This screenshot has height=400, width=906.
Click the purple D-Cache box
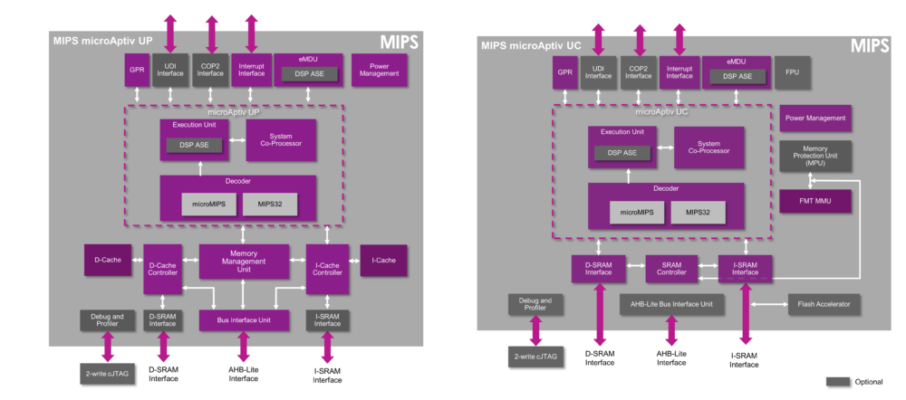pos(108,260)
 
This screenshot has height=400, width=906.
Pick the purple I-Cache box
pos(383,260)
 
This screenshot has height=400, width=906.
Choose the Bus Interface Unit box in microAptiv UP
pos(243,319)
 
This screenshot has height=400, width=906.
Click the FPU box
pos(792,72)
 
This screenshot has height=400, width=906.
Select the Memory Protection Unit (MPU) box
pos(815,156)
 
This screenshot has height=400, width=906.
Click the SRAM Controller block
pos(672,268)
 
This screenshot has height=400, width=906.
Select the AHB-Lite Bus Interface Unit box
pos(671,304)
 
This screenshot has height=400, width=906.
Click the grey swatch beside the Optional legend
pos(838,381)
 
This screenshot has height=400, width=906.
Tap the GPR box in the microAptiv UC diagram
pos(564,72)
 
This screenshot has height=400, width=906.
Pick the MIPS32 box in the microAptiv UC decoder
pos(697,213)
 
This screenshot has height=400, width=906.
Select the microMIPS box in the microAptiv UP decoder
pos(207,204)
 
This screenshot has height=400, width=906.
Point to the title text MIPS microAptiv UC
pos(531,44)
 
